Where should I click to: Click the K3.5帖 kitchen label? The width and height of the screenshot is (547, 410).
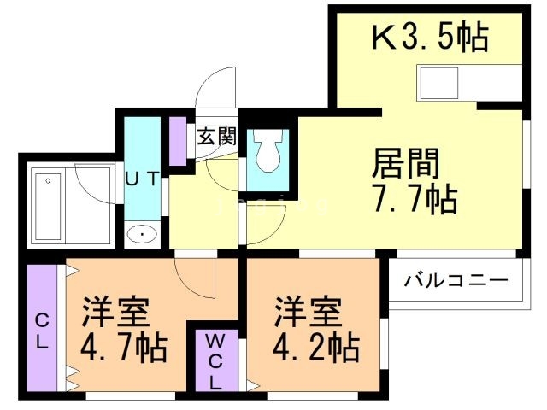[429, 38]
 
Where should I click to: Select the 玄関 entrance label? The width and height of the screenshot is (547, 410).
[216, 135]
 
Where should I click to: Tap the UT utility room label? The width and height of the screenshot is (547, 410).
[142, 179]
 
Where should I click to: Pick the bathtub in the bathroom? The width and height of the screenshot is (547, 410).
[46, 206]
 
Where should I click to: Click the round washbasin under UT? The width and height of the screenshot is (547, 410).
[139, 233]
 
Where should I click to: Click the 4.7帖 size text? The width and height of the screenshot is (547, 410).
[124, 348]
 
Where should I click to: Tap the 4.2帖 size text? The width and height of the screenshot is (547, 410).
[316, 348]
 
